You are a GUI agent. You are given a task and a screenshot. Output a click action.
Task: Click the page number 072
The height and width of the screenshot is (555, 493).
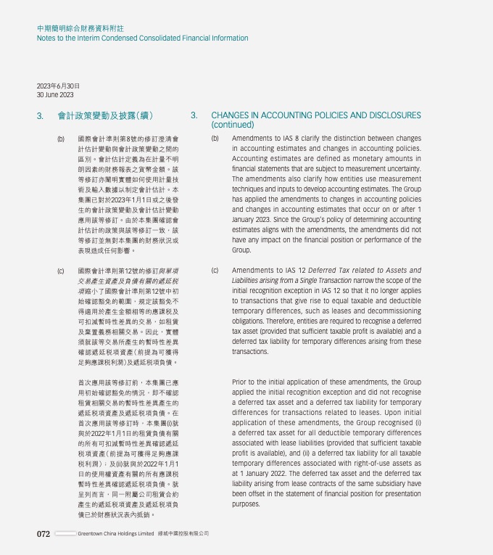coord(43,534)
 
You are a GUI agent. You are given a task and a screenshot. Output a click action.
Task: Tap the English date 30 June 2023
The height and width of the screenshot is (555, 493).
coord(55,95)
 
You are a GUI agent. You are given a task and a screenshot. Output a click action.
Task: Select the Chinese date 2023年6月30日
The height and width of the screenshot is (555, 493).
coord(58,86)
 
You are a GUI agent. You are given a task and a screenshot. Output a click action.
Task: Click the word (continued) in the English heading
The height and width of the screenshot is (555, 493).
coord(233,125)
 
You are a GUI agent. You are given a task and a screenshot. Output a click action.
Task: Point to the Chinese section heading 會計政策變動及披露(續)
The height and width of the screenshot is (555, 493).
coord(105,115)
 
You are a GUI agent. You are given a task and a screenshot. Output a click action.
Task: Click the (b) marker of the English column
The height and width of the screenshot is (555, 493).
coord(215,138)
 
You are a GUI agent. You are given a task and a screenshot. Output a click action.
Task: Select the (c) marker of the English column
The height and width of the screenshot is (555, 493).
coord(215,271)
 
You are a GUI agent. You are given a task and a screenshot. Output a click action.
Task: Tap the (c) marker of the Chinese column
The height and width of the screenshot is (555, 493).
coord(61,271)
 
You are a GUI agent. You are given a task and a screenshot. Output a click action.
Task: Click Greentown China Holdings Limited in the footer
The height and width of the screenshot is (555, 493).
coord(116,534)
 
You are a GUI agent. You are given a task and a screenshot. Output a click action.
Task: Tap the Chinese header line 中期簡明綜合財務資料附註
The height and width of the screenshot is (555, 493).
coord(80,28)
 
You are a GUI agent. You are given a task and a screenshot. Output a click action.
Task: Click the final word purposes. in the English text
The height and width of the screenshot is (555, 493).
coord(246,503)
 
